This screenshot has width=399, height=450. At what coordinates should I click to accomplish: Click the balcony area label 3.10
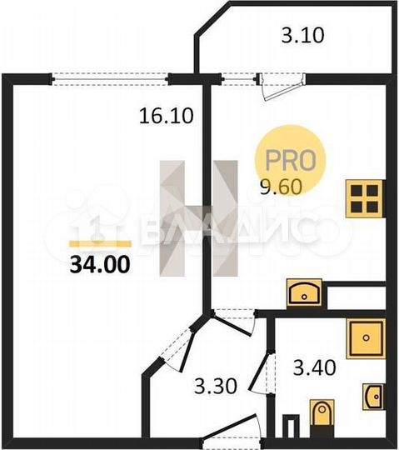click(301, 36)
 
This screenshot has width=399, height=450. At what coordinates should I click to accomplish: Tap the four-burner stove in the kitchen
click(365, 198)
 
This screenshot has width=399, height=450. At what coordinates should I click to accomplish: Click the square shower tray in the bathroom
click(365, 336)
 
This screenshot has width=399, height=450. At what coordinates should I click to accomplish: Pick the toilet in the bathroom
click(320, 414)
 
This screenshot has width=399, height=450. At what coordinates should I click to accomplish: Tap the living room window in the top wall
click(112, 78)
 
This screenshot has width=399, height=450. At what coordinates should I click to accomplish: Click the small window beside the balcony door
click(240, 78)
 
